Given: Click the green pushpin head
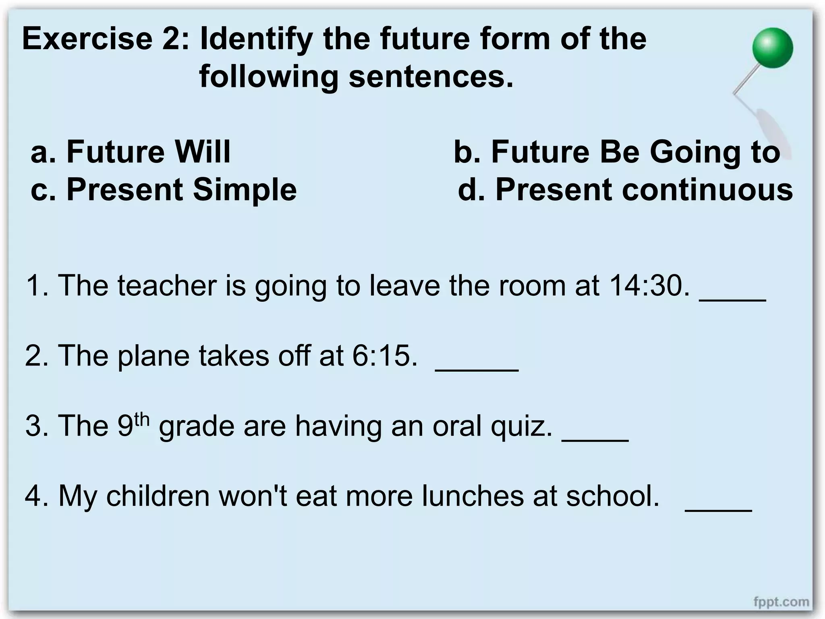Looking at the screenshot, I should pyautogui.click(x=772, y=48).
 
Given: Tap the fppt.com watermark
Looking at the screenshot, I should pyautogui.click(x=781, y=602).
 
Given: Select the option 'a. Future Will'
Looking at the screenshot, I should pyautogui.click(x=131, y=152).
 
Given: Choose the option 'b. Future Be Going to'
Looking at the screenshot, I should pyautogui.click(x=617, y=152).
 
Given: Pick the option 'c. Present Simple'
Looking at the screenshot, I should pyautogui.click(x=164, y=189).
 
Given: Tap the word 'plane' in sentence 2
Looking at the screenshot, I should pyautogui.click(x=153, y=356).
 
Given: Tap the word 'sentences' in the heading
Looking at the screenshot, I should pyautogui.click(x=431, y=76).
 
